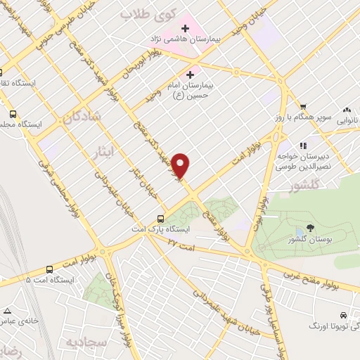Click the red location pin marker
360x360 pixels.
coord(181,166)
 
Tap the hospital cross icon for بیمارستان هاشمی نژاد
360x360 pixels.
coord(186,29)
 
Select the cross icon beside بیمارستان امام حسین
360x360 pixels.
coord(191,74)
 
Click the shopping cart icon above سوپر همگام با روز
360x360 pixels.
coord(303,106)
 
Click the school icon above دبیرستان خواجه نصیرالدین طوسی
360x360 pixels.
coord(303,146)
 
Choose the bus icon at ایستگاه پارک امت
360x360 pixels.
coord(161,218)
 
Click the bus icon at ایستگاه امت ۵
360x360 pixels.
coord(49,269)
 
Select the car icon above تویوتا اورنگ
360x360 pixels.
coord(342,316)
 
